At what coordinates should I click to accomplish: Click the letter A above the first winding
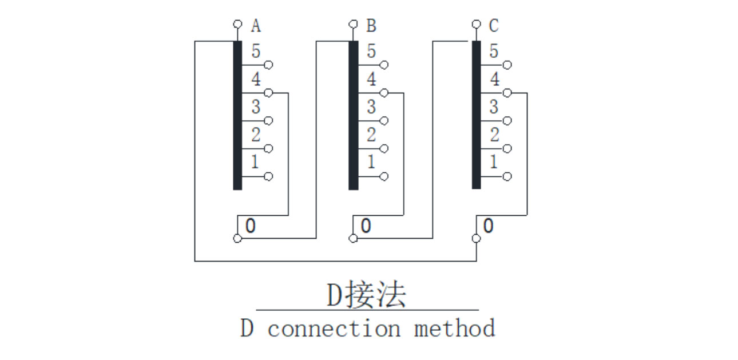pyautogui.click(x=256, y=26)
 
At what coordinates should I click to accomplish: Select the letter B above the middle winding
pyautogui.click(x=371, y=26)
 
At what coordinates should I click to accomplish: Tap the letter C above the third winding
pyautogui.click(x=494, y=26)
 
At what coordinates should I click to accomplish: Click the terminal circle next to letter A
pyautogui.click(x=237, y=25)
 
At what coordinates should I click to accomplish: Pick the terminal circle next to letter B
pyautogui.click(x=353, y=25)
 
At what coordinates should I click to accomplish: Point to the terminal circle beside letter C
pyautogui.click(x=476, y=25)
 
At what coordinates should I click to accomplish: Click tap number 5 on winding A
pyautogui.click(x=255, y=52)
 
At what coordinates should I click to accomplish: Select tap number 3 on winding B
pyautogui.click(x=371, y=106)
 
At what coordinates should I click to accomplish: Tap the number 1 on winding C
pyautogui.click(x=494, y=162)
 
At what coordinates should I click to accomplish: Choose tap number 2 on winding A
pyautogui.click(x=255, y=135)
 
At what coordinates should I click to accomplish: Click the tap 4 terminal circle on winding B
pyautogui.click(x=384, y=93)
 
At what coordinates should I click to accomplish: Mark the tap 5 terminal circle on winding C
pyautogui.click(x=507, y=65)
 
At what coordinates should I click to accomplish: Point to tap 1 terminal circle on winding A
pyautogui.click(x=269, y=176)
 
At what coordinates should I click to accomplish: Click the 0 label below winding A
pyautogui.click(x=250, y=226)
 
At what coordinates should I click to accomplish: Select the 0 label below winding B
pyautogui.click(x=366, y=226)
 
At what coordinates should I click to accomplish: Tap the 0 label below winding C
pyautogui.click(x=488, y=226)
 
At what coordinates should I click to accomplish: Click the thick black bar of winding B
pyautogui.click(x=354, y=114)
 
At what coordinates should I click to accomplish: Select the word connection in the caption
pyautogui.click(x=334, y=329)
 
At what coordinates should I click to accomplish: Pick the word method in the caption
pyautogui.click(x=454, y=329)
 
